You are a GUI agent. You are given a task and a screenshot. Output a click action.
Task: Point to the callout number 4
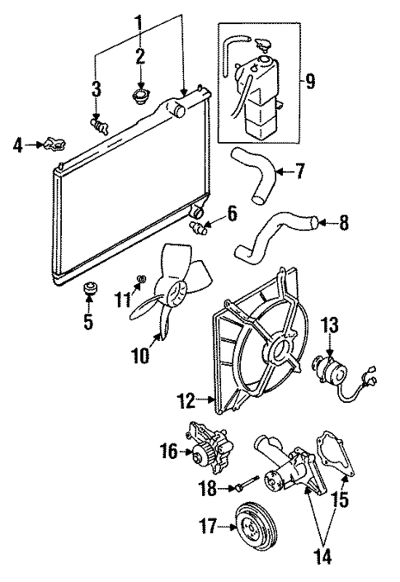17,147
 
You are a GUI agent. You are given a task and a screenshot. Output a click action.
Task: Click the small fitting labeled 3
100,125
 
